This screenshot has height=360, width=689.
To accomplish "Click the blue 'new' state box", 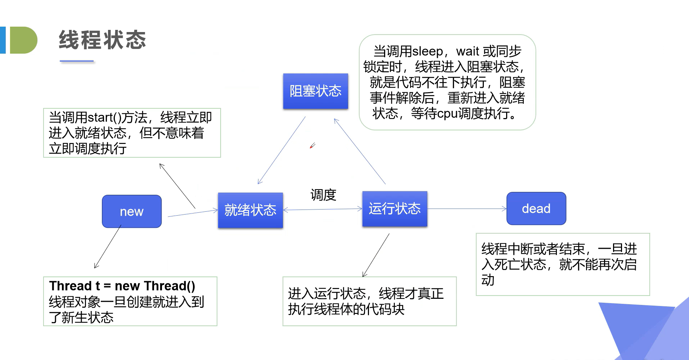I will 132,211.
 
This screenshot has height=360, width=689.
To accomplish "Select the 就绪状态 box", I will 250,210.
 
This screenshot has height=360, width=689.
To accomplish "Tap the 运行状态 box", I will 395,209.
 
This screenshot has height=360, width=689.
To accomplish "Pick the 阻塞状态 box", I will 315,91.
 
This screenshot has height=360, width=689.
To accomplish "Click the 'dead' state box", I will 536,208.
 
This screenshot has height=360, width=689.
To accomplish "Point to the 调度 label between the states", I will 323,195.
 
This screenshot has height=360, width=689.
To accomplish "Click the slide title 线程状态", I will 103,40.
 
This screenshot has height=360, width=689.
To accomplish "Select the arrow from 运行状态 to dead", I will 467,209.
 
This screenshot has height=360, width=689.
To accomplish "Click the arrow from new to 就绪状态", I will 193,213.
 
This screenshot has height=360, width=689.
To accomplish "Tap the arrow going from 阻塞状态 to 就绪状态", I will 282,150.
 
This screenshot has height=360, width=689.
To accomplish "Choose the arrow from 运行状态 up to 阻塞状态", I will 360,151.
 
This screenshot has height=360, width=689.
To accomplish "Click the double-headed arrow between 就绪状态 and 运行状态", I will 323,209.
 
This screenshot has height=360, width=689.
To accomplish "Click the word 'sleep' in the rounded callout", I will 428,51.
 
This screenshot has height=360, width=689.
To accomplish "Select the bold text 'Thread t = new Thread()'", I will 122,286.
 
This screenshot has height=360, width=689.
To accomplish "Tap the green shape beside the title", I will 23,40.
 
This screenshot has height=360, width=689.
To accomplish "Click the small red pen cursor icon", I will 312,146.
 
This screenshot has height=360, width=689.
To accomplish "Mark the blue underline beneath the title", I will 77,62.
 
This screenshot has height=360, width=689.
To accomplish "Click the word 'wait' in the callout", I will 468,51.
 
